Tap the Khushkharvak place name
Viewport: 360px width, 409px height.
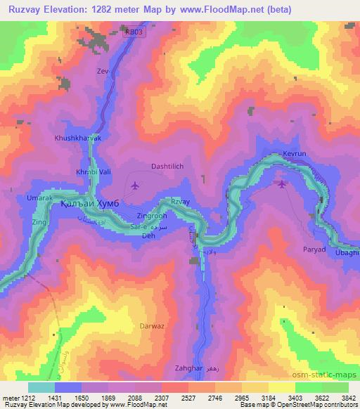coord(78,138)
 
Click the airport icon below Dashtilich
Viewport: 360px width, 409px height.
coord(134,186)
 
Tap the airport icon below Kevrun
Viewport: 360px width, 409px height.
coord(282,185)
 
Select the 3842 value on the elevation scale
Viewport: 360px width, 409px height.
coord(347,398)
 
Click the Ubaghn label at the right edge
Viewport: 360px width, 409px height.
coord(347,252)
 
